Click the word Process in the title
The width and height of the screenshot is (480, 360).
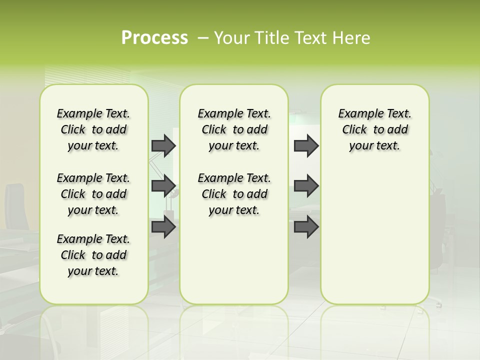click(x=154, y=38)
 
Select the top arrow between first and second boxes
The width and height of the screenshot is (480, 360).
click(x=163, y=145)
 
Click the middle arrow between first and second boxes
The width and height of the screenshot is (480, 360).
click(x=163, y=186)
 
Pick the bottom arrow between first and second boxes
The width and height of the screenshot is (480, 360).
click(x=163, y=227)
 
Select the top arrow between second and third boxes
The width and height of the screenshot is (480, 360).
click(x=306, y=145)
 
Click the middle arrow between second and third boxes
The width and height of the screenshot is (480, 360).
click(x=306, y=186)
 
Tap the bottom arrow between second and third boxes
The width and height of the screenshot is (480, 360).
click(x=306, y=227)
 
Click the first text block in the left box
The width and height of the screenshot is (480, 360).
click(x=93, y=129)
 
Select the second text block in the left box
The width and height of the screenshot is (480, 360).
click(x=93, y=194)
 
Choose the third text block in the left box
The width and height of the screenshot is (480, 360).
click(x=93, y=255)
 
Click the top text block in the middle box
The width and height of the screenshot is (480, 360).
click(x=234, y=129)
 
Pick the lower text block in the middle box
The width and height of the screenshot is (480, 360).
click(x=234, y=194)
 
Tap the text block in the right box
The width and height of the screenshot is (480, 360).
click(x=374, y=129)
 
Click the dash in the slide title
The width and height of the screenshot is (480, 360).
click(x=203, y=38)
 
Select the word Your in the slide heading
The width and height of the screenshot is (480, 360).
click(x=232, y=38)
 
